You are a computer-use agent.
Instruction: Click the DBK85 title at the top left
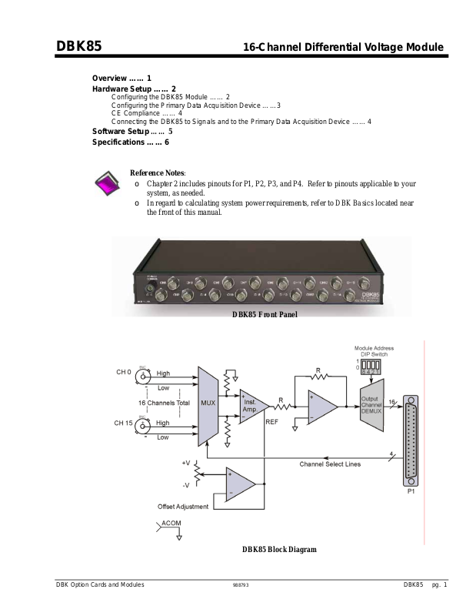coord(79,47)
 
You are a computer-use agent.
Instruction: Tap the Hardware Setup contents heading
coord(134,89)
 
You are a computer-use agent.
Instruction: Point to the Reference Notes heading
coord(158,173)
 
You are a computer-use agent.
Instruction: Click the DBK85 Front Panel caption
coord(264,313)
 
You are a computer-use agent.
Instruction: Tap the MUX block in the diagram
coord(208,402)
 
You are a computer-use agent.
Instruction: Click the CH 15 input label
coord(125,423)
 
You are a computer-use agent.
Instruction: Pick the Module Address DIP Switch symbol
coord(373,364)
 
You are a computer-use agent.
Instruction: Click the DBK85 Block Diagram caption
coord(279,549)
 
